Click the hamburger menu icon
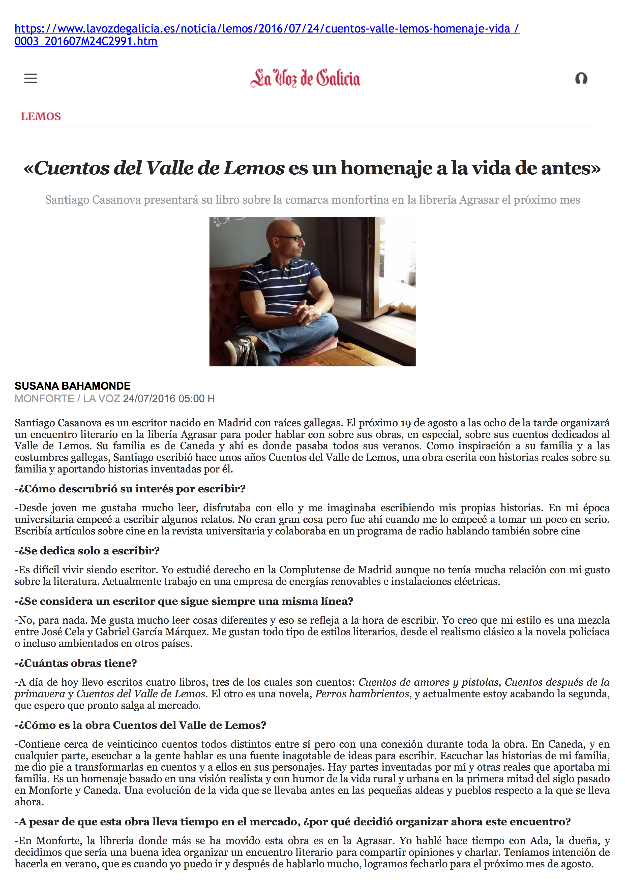31,79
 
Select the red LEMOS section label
41,116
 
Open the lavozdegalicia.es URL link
267,29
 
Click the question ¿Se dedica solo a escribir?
87,551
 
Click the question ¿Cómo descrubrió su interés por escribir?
130,489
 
